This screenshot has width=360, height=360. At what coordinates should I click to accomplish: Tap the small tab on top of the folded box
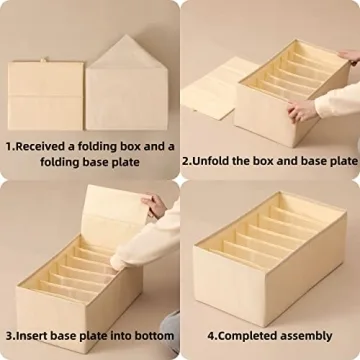pos(45,62)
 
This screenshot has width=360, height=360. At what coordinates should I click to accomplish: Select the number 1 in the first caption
pos(9,146)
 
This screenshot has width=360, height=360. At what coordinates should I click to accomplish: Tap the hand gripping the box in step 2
pos(303,110)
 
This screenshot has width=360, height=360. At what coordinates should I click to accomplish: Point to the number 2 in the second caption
pos(186,160)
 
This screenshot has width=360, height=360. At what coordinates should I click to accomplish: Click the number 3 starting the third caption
pos(9,334)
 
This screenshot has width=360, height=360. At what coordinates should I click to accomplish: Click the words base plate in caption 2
pos(324,160)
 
